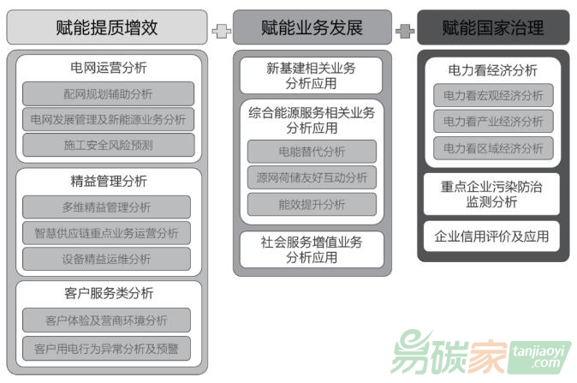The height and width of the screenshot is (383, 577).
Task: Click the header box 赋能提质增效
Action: coord(107,27)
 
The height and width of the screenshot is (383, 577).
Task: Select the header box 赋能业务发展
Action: coord(312,27)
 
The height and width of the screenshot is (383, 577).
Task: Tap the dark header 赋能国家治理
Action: coord(493,27)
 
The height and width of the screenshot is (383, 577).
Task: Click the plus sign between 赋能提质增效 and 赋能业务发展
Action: coord(222,31)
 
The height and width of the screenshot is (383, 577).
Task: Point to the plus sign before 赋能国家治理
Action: coord(405,31)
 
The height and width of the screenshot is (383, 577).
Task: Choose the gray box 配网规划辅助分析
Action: coord(108,94)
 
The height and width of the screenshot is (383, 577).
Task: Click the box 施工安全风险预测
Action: coord(109,145)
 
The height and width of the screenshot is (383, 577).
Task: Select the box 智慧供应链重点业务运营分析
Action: coord(107,233)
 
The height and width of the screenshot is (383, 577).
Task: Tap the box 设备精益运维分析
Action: coord(107,259)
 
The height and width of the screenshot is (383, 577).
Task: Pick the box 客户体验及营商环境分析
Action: coord(107,320)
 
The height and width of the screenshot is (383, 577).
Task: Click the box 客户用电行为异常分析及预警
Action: coord(107,348)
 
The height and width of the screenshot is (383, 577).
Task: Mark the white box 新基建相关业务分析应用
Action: coord(312,75)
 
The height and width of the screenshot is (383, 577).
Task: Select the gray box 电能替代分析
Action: coord(312,152)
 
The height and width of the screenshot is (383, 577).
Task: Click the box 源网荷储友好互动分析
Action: coord(312,177)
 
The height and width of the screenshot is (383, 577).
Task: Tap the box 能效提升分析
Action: coord(312,205)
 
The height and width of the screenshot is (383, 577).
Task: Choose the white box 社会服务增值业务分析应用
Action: coord(312,249)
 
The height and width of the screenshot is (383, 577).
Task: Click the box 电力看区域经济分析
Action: coord(493,148)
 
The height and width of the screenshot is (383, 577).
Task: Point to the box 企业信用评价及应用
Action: coord(491,236)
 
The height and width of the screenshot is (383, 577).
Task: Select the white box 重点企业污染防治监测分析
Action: coord(491,194)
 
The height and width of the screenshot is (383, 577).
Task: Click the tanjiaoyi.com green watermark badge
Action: coord(539,357)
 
